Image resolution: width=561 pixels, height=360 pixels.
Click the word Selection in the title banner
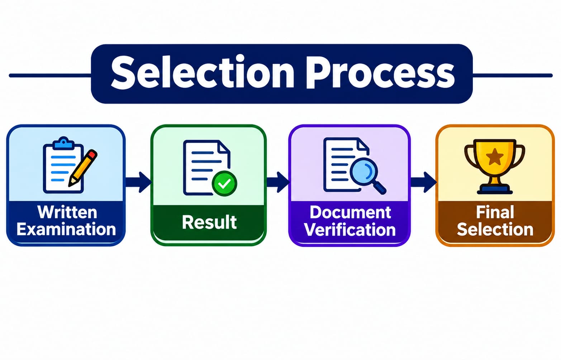(203, 72)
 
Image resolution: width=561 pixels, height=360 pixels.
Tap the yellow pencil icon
(83, 168)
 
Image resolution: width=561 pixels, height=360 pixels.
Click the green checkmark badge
(224, 183)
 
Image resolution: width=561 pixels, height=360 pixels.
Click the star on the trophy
(495, 157)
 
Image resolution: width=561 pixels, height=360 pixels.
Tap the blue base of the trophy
(495, 189)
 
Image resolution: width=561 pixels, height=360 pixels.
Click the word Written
(67, 212)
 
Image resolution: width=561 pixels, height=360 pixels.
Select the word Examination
(66, 229)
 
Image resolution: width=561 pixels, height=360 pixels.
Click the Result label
(209, 222)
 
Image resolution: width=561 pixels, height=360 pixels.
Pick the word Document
(350, 212)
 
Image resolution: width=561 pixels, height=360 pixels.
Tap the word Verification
(350, 230)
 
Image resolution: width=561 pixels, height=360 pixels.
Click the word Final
(495, 212)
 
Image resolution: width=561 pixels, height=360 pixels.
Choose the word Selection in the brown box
(495, 229)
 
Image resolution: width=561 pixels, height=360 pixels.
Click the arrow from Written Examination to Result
(138, 182)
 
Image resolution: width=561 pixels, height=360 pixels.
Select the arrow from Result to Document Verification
(278, 182)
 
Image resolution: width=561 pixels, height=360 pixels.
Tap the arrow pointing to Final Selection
(424, 182)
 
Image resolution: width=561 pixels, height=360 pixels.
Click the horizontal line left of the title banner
(50, 75)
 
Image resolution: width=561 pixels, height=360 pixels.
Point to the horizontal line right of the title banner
(512, 75)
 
